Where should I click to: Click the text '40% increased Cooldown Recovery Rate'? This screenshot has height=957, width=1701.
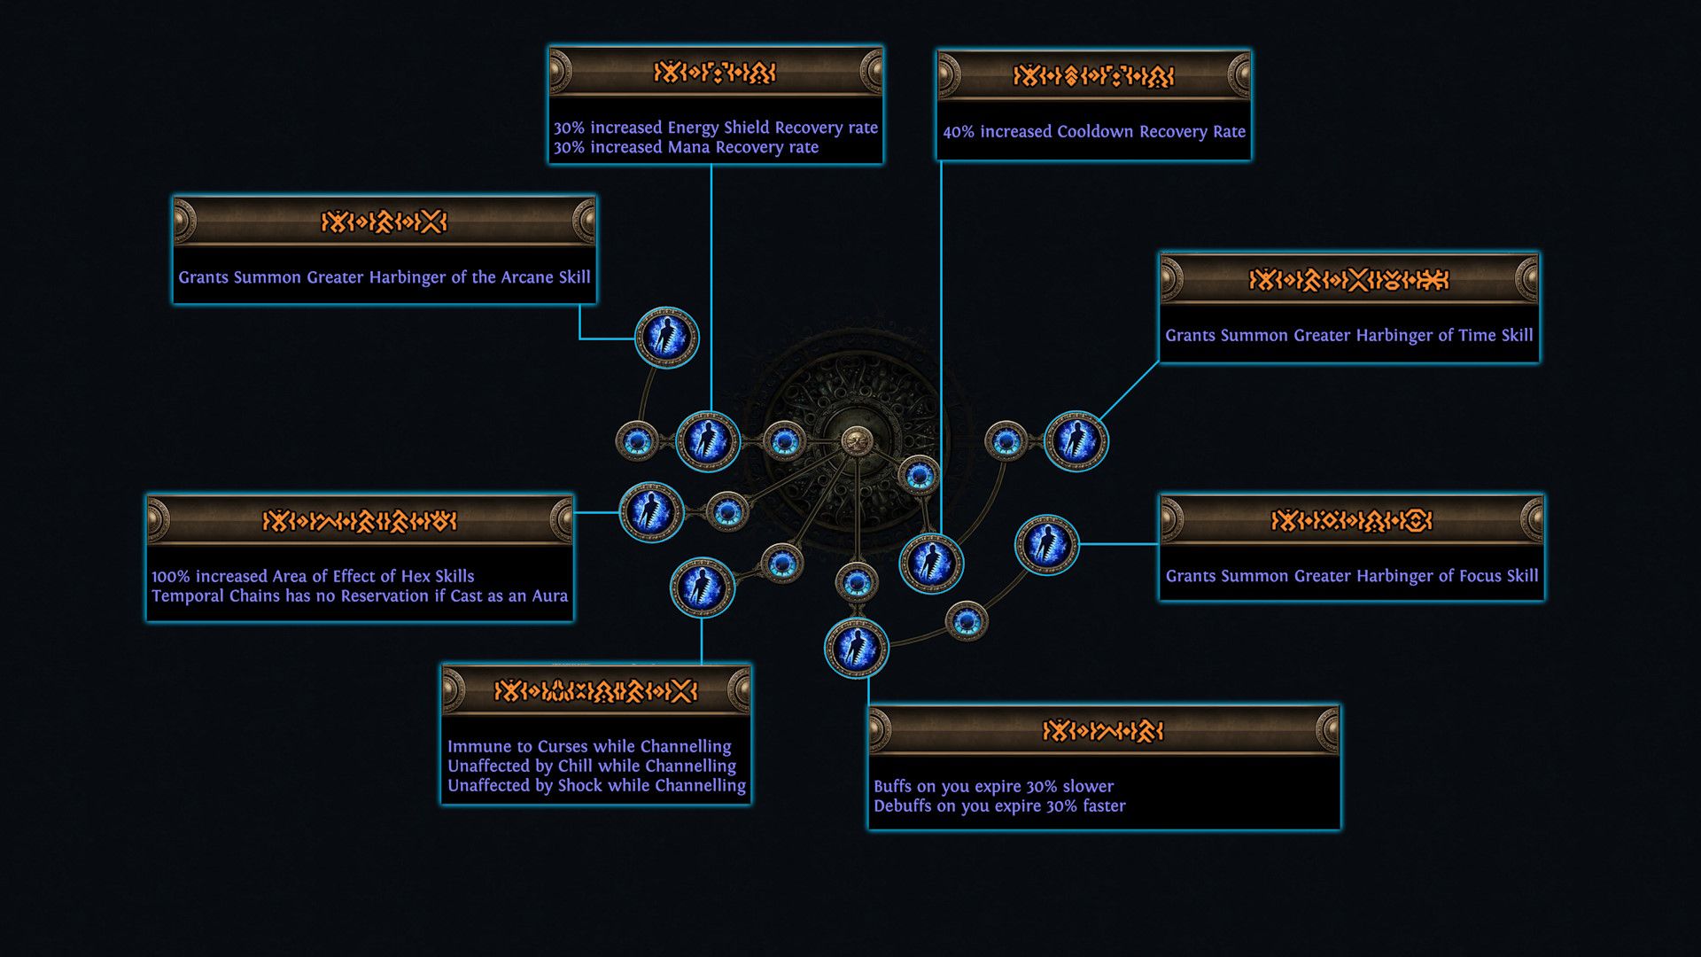tap(1093, 132)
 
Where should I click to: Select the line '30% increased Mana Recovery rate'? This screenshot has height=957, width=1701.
tap(686, 148)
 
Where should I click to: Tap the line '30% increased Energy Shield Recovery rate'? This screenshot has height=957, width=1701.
tap(715, 128)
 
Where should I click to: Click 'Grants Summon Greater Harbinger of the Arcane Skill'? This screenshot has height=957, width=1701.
tap(384, 277)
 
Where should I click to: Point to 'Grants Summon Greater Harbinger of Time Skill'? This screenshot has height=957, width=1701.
tap(1348, 336)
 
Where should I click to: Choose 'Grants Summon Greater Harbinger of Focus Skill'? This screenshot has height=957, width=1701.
tap(1351, 576)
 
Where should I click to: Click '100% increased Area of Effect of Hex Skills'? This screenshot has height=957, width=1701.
tap(313, 576)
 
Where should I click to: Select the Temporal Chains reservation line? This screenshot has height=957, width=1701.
tap(359, 596)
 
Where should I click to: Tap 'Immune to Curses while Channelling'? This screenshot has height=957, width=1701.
tap(589, 746)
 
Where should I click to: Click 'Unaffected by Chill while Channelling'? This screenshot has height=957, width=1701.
tap(591, 766)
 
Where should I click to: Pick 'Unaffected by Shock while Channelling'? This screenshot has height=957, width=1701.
tap(596, 786)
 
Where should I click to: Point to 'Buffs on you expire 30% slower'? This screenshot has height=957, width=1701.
tap(993, 786)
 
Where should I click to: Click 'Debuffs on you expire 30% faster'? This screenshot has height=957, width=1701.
tap(999, 806)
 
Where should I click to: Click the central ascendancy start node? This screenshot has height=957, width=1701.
tap(856, 441)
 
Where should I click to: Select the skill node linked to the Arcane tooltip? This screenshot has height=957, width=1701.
tap(666, 338)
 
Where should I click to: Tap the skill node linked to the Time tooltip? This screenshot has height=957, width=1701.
tap(1076, 440)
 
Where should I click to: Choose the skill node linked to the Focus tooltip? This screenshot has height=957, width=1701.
tap(1046, 544)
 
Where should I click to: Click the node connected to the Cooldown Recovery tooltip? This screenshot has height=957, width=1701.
tap(931, 563)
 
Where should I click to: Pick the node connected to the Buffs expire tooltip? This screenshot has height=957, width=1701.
tap(856, 648)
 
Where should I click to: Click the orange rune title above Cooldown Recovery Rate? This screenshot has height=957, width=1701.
tap(1093, 76)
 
